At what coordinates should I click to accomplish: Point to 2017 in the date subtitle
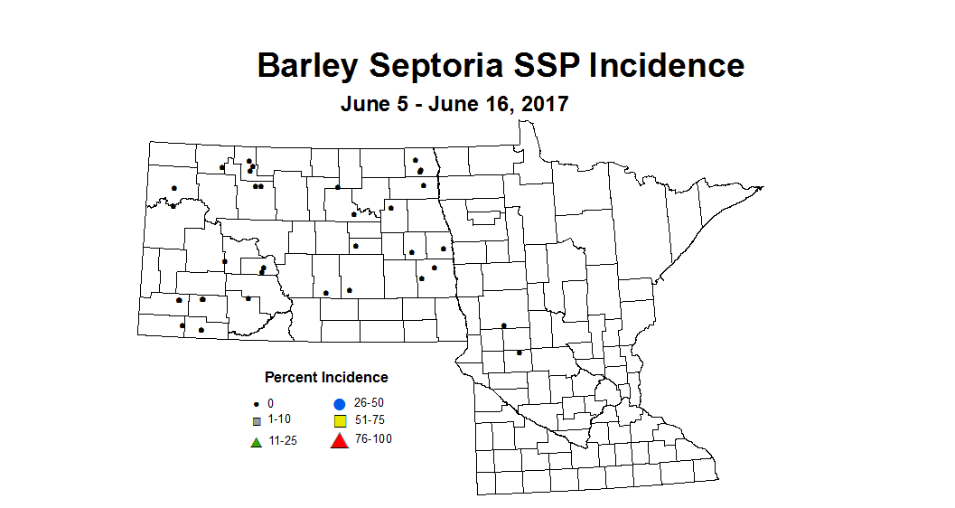[x=542, y=104]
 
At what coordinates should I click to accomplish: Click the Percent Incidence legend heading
[x=326, y=377]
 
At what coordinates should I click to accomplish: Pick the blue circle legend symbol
[x=339, y=404]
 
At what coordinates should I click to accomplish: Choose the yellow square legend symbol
[x=340, y=422]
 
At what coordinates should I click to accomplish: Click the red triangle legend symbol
[x=339, y=441]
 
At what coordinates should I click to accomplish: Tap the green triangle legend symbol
[x=257, y=441]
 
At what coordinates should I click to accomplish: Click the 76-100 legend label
[x=374, y=439]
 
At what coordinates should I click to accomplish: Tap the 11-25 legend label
[x=282, y=441]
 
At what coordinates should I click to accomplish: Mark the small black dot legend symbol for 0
[x=257, y=403]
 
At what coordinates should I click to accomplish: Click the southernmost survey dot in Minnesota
[x=519, y=353]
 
